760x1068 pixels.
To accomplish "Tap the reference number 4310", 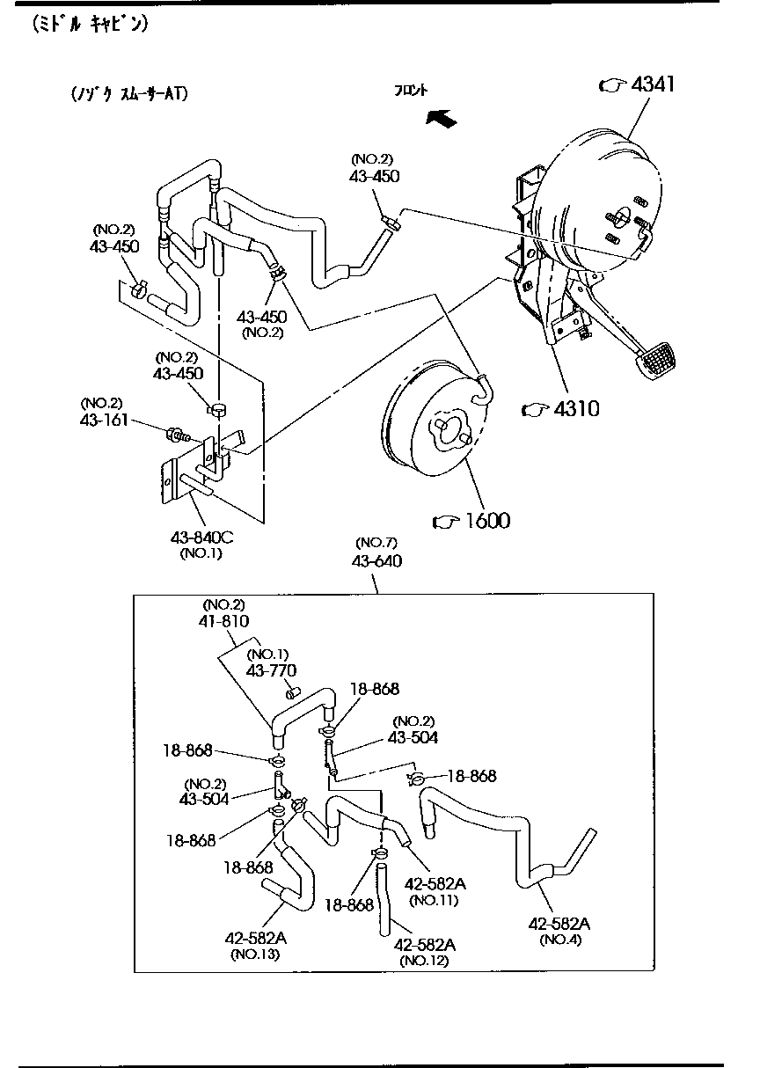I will coord(572,408).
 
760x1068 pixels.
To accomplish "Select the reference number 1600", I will coord(484,521).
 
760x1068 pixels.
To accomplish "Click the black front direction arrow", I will coord(440,118).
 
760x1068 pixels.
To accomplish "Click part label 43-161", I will coord(103,421).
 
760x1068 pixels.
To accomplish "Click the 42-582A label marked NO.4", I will coord(559,923).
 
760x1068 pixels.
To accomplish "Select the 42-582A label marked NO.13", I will coord(256,938).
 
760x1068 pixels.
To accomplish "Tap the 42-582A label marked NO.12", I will coord(424,944).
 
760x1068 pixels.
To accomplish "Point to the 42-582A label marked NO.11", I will coord(434,883).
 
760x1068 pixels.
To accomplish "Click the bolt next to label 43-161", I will coord(176,434).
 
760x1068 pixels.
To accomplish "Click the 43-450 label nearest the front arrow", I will coord(374,176).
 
